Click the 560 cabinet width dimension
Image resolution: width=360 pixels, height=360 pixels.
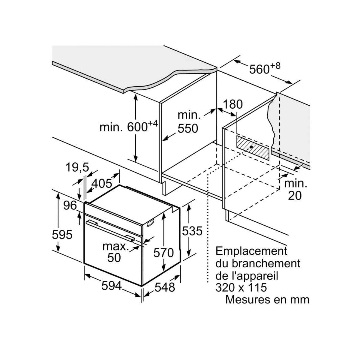tap(265, 69)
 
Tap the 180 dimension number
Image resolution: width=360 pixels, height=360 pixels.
tap(233, 104)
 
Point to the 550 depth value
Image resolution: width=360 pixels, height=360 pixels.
tap(188, 128)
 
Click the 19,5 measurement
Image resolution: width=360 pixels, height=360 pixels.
tap(77, 167)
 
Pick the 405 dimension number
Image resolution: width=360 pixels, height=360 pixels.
tap(102, 183)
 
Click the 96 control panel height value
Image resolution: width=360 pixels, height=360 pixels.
tap(70, 205)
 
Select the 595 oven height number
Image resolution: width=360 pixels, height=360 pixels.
tap(62, 235)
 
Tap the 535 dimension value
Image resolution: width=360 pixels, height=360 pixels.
tap(192, 231)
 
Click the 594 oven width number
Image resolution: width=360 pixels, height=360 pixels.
tap(112, 286)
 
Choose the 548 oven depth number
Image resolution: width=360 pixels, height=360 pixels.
tap(165, 287)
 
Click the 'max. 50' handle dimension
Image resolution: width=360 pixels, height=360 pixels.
tap(115, 252)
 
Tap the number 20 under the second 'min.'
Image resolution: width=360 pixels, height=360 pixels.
tap(295, 196)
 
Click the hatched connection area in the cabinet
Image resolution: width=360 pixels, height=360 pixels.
tap(253, 148)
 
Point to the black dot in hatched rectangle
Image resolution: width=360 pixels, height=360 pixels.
tap(251, 147)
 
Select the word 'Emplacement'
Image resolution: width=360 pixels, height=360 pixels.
tap(251, 251)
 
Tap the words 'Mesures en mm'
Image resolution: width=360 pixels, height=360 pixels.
tap(268, 299)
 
